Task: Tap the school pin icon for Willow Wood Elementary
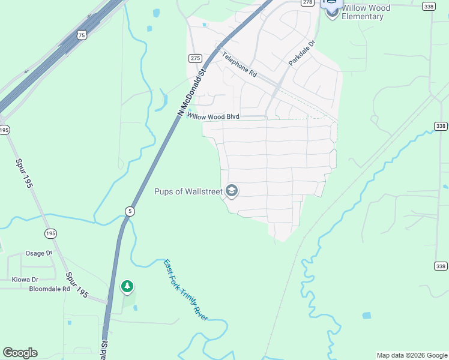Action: coord(332,11)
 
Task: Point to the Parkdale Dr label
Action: coord(301,53)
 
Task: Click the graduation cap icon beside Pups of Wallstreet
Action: coord(232,191)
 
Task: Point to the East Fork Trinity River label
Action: coord(186,290)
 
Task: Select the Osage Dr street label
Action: coord(39,254)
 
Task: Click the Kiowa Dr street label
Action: coord(25,280)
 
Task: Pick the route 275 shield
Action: coord(195,58)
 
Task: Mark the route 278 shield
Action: coord(308,2)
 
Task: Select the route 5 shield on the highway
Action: coord(130,211)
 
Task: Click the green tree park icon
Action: coord(127,287)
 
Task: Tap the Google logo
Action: coord(20,353)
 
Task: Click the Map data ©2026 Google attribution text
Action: coord(412,355)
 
